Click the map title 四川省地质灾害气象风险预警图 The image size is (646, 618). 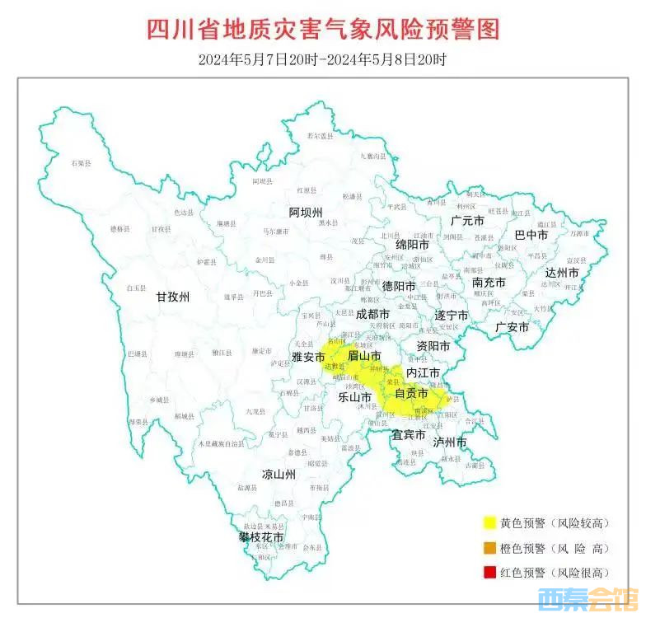click(x=323, y=29)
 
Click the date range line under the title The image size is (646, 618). click(x=322, y=59)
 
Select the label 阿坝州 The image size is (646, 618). click(x=306, y=213)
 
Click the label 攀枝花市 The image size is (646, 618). click(x=261, y=536)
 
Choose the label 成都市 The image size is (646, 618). click(x=372, y=314)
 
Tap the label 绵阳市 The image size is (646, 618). click(x=412, y=245)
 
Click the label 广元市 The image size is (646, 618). click(x=467, y=221)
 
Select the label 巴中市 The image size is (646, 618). click(x=531, y=235)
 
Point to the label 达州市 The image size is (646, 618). click(x=562, y=273)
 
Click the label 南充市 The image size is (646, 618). click(x=489, y=282)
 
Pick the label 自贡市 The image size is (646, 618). click(x=411, y=394)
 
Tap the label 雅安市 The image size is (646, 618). click(x=308, y=357)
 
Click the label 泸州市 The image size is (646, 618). click(x=450, y=442)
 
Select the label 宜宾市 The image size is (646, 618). click(x=409, y=433)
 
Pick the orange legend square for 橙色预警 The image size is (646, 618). click(x=489, y=547)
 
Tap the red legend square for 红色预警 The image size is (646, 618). click(x=489, y=572)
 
